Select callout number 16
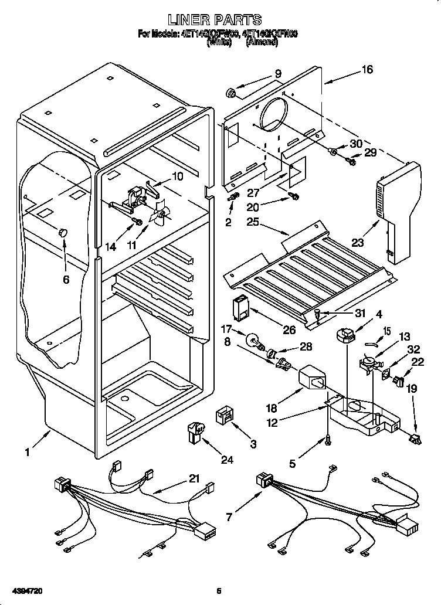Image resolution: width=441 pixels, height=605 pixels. [x=367, y=70]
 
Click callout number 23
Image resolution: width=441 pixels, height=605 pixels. [x=358, y=241]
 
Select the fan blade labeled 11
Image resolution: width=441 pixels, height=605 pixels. [x=160, y=215]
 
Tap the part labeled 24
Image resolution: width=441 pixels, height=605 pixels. [x=196, y=432]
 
